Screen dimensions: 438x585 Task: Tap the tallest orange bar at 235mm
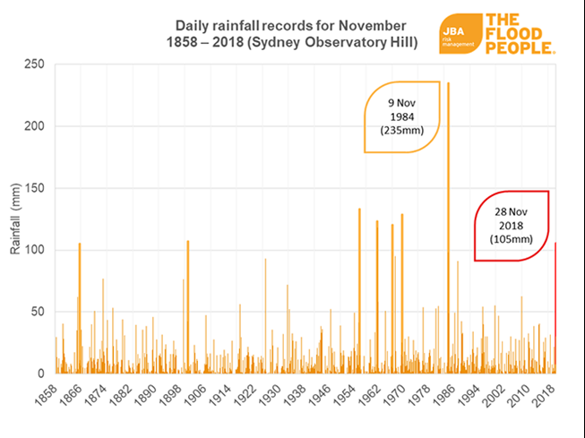pyautogui.click(x=448, y=224)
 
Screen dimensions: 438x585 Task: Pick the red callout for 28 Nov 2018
pyautogui.click(x=512, y=225)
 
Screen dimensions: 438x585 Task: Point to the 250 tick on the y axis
pyautogui.click(x=35, y=64)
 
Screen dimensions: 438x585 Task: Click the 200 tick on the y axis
pyautogui.click(x=35, y=126)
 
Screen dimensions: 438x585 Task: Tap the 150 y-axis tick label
pyautogui.click(x=35, y=188)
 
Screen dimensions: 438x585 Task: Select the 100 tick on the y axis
pyautogui.click(x=35, y=250)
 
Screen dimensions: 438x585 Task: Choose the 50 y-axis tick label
pyautogui.click(x=38, y=312)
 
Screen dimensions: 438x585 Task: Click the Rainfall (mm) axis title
pyautogui.click(x=15, y=219)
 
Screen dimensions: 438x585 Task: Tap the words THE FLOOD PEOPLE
pyautogui.click(x=520, y=34)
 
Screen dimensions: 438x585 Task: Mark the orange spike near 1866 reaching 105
pyautogui.click(x=80, y=305)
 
